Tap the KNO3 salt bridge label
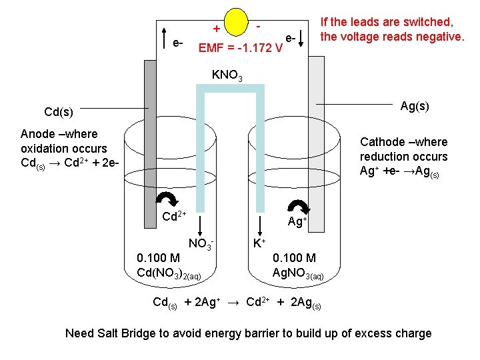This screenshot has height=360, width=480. [x=227, y=75]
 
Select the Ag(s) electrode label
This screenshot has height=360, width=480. [x=414, y=105]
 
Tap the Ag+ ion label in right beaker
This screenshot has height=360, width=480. [x=297, y=221]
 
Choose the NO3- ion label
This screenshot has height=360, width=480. [x=201, y=244]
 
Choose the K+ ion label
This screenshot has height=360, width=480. [x=259, y=243]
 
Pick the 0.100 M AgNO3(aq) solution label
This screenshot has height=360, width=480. [x=298, y=265]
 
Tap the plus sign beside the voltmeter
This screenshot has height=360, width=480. [x=216, y=29]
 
